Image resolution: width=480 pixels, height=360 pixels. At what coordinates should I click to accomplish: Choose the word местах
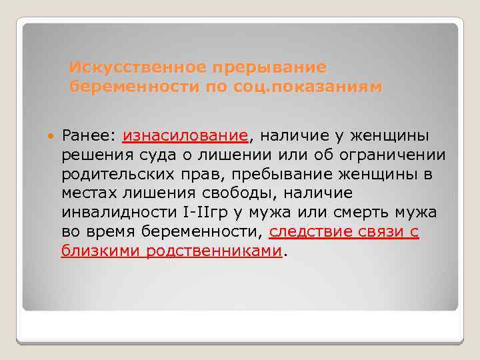87,194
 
